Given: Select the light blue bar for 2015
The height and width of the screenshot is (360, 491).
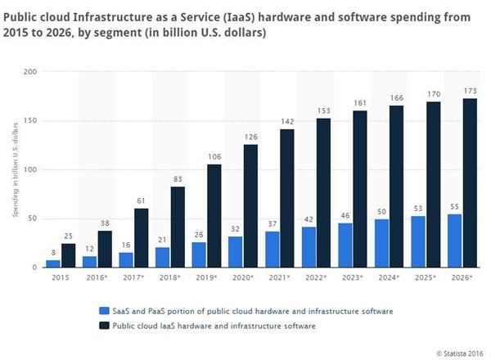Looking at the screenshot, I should pos(52,263).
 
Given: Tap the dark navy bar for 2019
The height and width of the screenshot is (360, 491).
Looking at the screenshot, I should pos(214,216).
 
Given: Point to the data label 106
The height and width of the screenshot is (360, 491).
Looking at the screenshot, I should pos(214,157).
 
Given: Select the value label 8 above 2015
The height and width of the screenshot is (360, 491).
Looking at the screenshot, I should pos(52,253).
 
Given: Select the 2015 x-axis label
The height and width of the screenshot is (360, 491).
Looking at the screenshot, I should pos(61,278).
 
